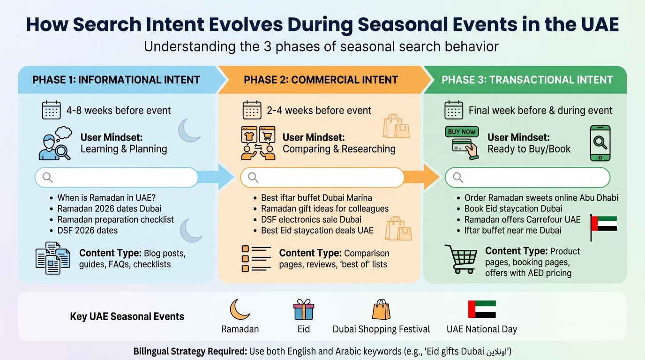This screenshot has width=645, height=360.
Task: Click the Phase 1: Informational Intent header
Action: (116, 80)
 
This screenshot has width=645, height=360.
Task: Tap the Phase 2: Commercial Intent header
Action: (321, 80)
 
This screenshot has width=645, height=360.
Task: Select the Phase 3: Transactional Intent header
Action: (527, 80)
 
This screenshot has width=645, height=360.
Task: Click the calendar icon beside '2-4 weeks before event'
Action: (252, 110)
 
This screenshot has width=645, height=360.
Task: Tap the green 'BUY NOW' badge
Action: (462, 132)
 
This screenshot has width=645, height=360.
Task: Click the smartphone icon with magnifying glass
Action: (600, 143)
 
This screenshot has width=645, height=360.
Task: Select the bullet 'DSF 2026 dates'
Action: (87, 230)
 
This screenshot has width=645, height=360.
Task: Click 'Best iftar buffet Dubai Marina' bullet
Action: (316, 198)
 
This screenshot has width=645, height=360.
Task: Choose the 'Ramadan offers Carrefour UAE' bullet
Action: (522, 219)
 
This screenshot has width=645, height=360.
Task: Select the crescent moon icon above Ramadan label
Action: (240, 310)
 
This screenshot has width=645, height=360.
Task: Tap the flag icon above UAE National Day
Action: (481, 309)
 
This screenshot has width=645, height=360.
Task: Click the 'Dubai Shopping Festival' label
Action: (381, 329)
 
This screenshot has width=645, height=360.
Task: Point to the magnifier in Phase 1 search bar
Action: (48, 177)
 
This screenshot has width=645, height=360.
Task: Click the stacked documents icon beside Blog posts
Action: (52, 258)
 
